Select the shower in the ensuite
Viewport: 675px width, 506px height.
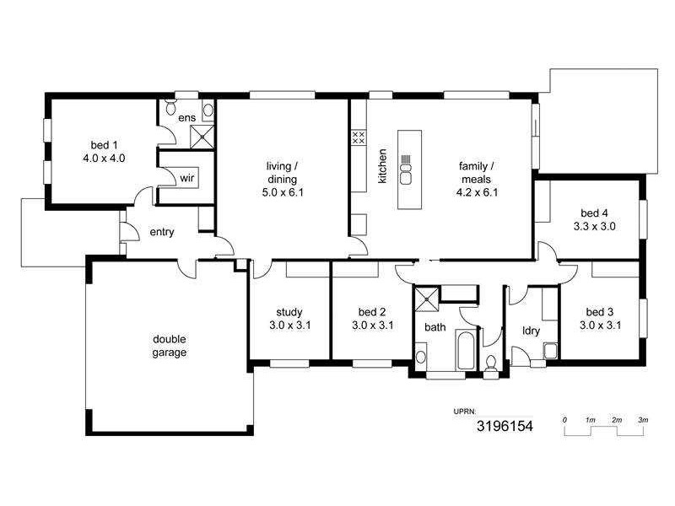tap(202, 136)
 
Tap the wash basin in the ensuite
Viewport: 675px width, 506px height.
tap(208, 110)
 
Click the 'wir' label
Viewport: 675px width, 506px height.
tap(186, 178)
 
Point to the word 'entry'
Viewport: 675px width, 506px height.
tap(162, 232)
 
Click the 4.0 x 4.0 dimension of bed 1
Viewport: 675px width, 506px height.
tap(104, 158)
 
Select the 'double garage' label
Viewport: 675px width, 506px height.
tap(170, 347)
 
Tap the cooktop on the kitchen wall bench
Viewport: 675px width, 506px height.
tap(358, 137)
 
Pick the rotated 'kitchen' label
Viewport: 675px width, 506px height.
tap(382, 166)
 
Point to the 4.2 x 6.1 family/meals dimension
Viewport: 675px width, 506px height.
tap(478, 192)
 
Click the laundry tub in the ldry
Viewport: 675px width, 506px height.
tap(550, 351)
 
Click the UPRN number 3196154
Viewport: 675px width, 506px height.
tap(505, 427)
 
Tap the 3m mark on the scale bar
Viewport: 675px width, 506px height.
tap(642, 419)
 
